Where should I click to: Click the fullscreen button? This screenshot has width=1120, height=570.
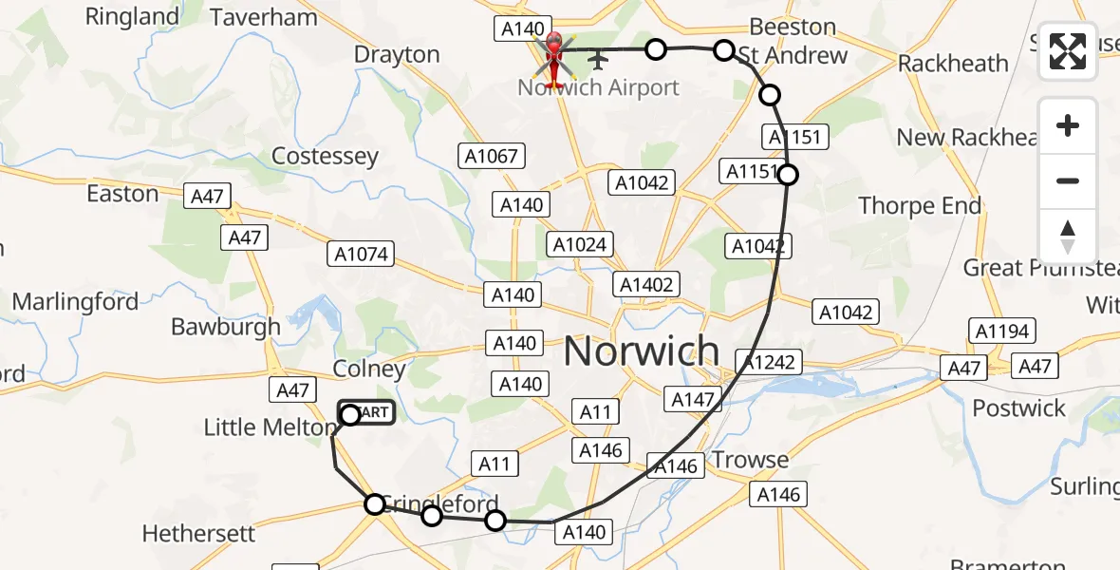(x=1068, y=51)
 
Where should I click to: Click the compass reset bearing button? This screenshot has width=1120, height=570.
(x=1068, y=236)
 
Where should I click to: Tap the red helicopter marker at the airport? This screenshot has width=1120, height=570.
(x=553, y=56)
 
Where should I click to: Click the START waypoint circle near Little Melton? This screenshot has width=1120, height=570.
(x=350, y=414)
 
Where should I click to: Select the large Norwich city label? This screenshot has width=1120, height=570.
(x=642, y=351)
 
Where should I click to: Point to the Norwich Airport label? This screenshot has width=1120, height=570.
(x=598, y=87)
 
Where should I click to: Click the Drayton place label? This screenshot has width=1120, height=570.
(x=397, y=54)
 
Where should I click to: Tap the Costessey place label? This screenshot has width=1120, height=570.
(x=325, y=156)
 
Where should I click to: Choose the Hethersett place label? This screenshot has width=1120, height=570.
(x=198, y=533)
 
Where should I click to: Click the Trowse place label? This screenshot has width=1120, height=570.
(x=750, y=460)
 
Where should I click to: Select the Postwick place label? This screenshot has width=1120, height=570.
(x=1019, y=408)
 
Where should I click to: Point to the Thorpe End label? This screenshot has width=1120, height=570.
(x=920, y=205)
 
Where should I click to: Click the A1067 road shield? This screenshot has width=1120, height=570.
(x=490, y=156)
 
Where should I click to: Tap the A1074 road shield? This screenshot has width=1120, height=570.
(x=361, y=254)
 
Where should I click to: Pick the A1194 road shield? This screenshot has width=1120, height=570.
(x=1001, y=331)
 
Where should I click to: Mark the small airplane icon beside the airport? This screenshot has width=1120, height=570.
(x=598, y=61)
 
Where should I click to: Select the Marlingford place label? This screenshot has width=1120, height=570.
(x=75, y=302)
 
